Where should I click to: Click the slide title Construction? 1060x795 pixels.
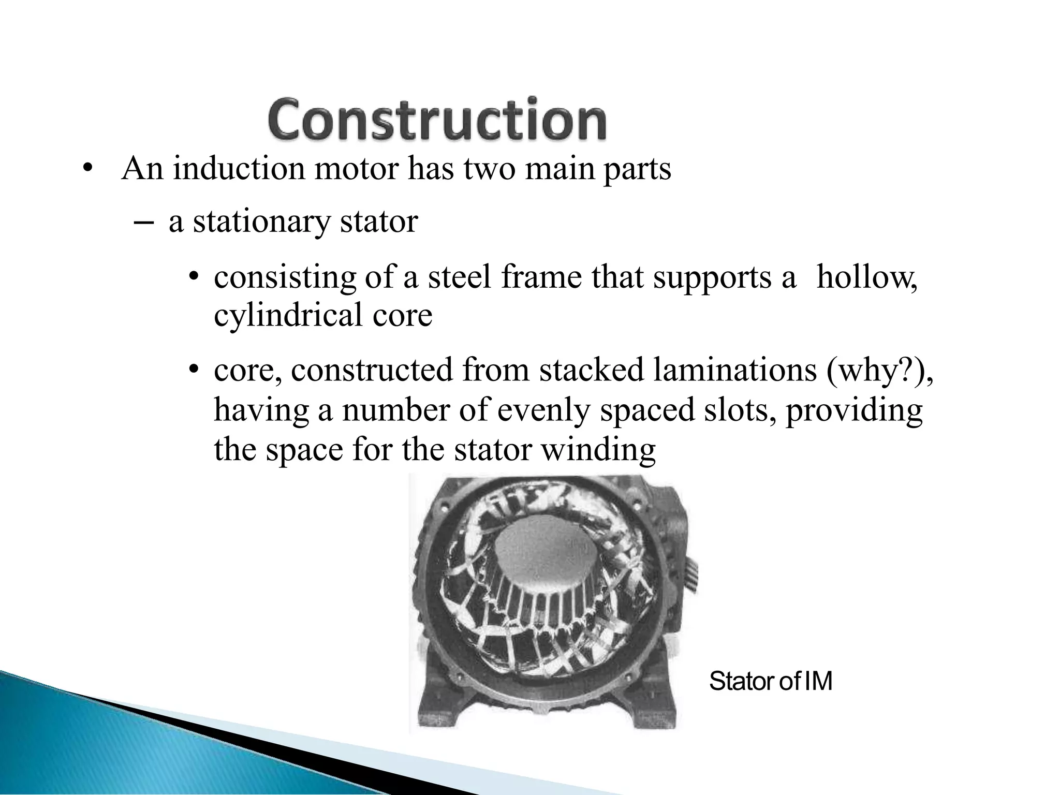pos(437,120)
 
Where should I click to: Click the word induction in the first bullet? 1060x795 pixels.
pos(239,169)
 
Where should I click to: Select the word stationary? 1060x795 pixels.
pos(261,223)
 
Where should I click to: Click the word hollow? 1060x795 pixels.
pos(866,277)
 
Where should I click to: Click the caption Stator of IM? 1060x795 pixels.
pos(770,681)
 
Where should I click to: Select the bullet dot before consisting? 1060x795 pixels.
pos(194,278)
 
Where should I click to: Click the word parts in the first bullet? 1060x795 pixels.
pos(637,170)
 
